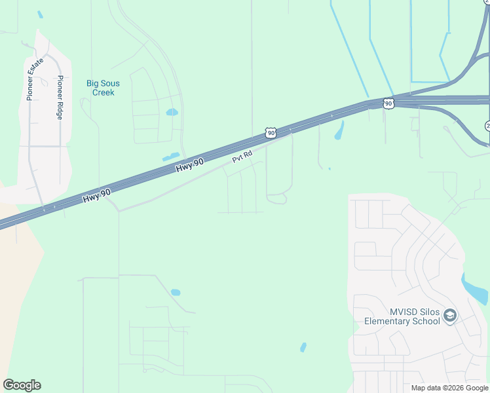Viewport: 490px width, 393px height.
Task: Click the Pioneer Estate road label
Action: tap(35, 79)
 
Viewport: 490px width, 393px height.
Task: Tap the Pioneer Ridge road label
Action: tap(60, 97)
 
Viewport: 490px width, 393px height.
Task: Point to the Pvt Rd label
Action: tap(242, 158)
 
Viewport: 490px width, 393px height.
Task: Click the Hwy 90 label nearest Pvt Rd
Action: tap(190, 166)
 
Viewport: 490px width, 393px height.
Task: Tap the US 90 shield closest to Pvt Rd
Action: tap(271, 132)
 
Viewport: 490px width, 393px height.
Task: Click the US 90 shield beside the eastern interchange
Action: tap(388, 103)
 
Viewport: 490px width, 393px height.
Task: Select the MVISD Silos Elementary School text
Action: tap(402, 316)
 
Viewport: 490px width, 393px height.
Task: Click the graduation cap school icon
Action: tap(449, 316)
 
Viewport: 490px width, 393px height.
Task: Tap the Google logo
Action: tap(22, 385)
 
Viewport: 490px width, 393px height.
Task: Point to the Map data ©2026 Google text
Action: tap(450, 388)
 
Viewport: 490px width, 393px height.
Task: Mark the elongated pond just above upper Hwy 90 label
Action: tap(170, 157)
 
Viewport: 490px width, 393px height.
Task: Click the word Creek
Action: tap(103, 92)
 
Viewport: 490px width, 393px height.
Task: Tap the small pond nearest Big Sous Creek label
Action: tap(172, 112)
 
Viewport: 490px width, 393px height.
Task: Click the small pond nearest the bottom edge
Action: tap(303, 346)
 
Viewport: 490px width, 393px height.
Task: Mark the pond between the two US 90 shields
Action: tap(339, 130)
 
